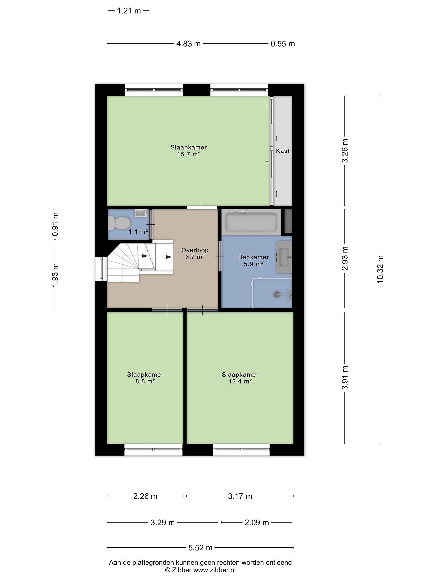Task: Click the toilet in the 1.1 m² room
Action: pos(119,223)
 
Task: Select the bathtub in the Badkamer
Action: pos(251,222)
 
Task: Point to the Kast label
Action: pos(283,151)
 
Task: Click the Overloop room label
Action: pos(195,250)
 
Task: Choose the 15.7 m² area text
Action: pos(189,154)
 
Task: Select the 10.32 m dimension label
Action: pos(380,269)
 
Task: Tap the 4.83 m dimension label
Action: pos(188,44)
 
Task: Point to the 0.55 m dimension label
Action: pos(283,44)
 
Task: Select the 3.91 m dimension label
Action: pos(345,378)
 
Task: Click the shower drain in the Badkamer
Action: pos(276,294)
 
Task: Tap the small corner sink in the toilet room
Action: pos(141,213)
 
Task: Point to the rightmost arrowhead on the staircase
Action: pos(169,257)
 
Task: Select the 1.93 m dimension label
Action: pos(55,275)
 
